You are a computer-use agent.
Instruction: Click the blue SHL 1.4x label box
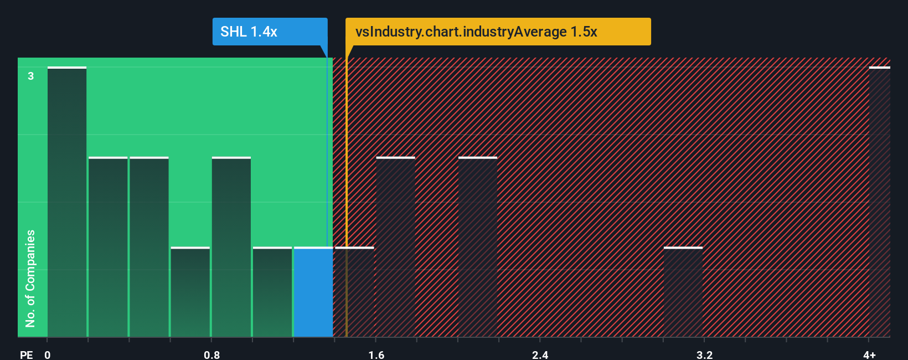click(270, 32)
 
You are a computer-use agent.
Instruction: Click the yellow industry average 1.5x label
click(498, 32)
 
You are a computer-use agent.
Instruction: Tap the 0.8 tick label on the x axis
click(211, 354)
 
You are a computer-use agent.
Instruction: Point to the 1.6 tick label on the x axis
click(376, 354)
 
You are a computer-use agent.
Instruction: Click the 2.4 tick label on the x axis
click(540, 354)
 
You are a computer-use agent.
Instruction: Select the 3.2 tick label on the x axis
click(704, 354)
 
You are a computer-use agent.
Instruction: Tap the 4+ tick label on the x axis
click(869, 354)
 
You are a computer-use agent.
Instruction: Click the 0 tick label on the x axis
click(48, 354)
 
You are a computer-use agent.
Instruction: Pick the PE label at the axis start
click(26, 354)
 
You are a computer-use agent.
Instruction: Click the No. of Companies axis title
click(30, 278)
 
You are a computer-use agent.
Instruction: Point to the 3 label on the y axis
click(31, 76)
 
